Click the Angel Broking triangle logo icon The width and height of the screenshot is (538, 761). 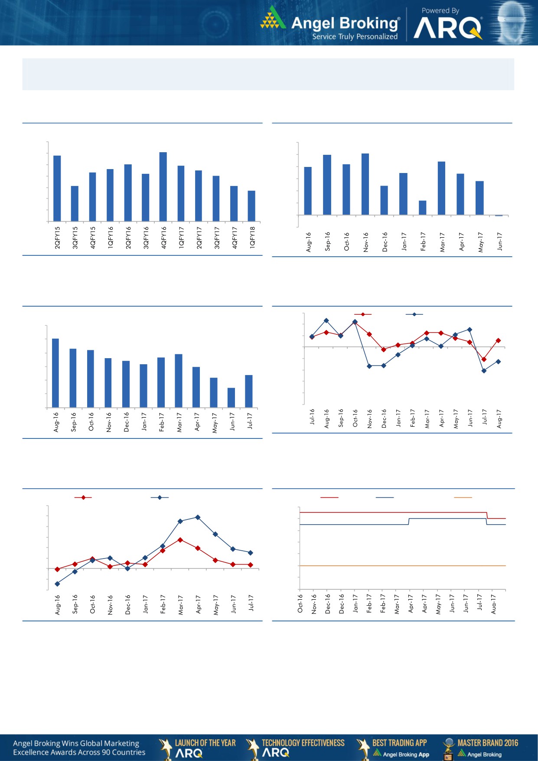[273, 18]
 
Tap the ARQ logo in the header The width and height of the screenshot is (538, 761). [448, 29]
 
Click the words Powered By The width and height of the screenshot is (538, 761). [440, 10]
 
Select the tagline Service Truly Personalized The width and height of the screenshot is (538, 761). [355, 37]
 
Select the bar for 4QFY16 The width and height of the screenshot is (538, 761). [163, 186]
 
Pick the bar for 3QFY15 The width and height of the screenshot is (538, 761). [75, 203]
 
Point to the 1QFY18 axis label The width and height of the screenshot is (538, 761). [252, 237]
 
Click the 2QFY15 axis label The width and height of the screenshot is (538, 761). [57, 237]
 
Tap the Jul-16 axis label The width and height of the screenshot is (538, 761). [312, 416]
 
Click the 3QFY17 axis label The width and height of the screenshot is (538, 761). [217, 237]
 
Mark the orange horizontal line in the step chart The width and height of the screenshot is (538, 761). [402, 565]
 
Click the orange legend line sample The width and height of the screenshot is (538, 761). [463, 497]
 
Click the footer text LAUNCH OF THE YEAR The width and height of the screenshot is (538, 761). [205, 743]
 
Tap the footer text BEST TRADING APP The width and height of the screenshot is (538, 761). [399, 743]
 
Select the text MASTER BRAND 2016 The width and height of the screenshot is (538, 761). [488, 743]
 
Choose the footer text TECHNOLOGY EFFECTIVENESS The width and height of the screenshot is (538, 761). [303, 743]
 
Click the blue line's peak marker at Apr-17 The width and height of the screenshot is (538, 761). [198, 517]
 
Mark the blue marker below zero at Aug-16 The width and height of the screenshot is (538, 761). [57, 584]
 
